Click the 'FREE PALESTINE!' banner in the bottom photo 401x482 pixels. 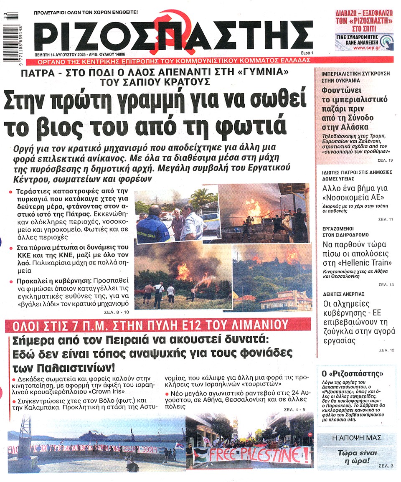point(259,454)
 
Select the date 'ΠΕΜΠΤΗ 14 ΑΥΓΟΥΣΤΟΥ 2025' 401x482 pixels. point(69,54)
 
